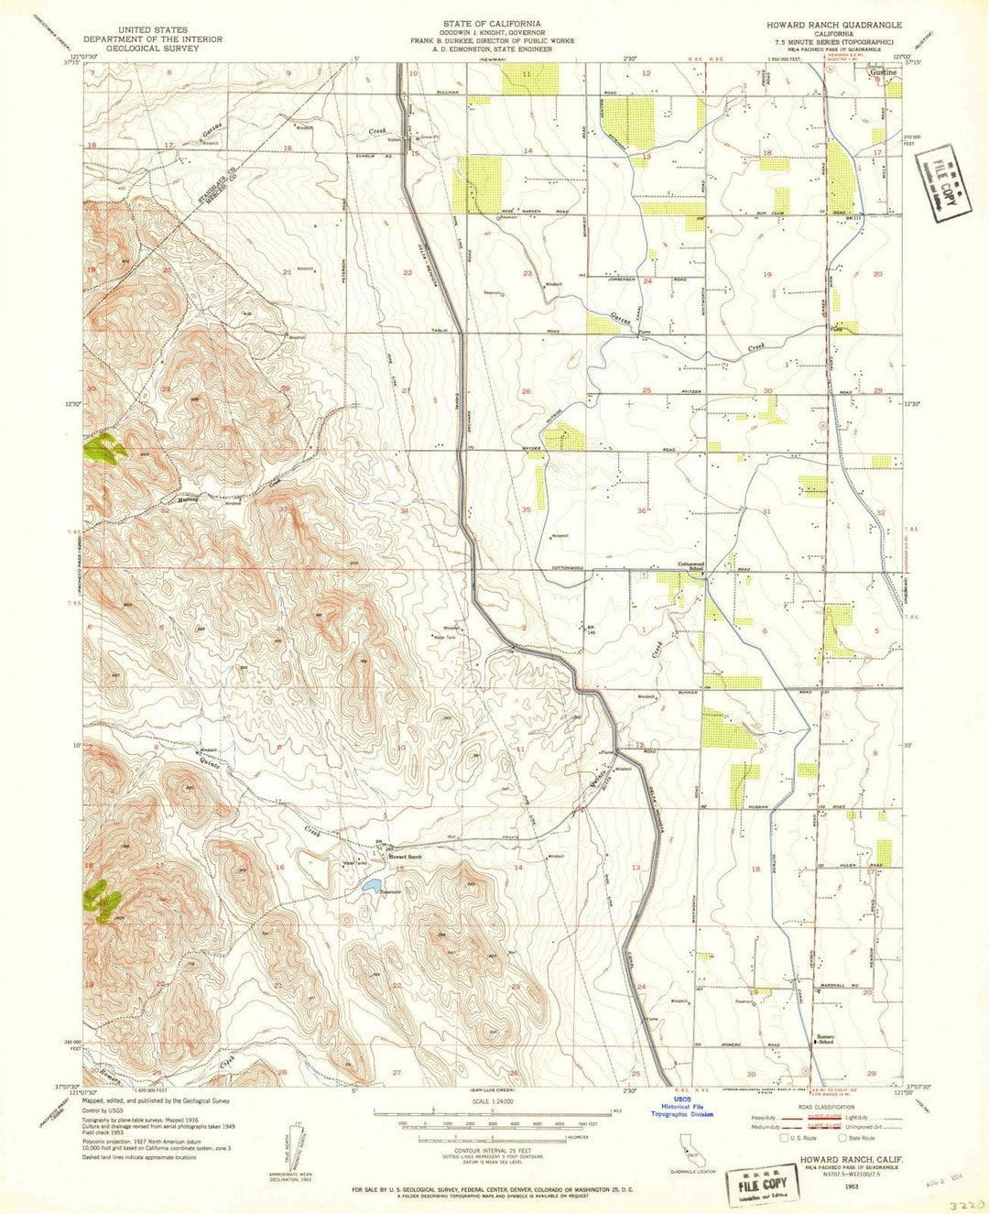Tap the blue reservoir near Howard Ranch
(372, 885)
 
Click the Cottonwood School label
(690, 566)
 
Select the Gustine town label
(884, 71)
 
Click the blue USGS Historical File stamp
(681, 1108)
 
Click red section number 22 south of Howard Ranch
(397, 985)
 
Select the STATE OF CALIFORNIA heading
(491, 23)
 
